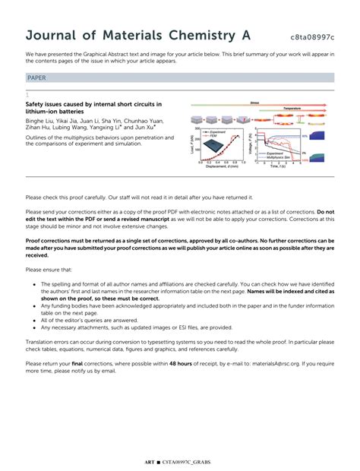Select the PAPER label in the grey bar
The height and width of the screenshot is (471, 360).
coord(36,77)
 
